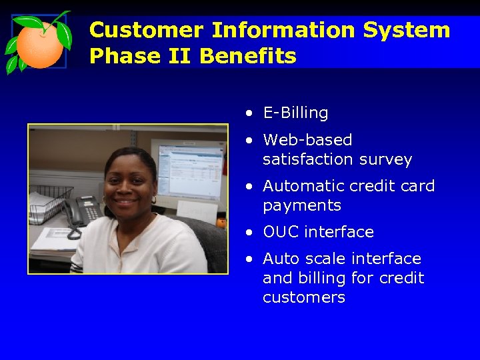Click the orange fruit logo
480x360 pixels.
[39, 43]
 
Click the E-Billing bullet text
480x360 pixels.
[295, 113]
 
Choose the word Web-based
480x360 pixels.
[307, 140]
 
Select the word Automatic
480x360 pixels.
[307, 186]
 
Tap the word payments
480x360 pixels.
[302, 206]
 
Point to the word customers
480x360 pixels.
[304, 297]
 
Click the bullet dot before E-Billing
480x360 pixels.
[248, 114]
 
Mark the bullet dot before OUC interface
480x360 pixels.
[248, 233]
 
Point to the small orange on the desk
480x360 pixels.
[221, 223]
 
